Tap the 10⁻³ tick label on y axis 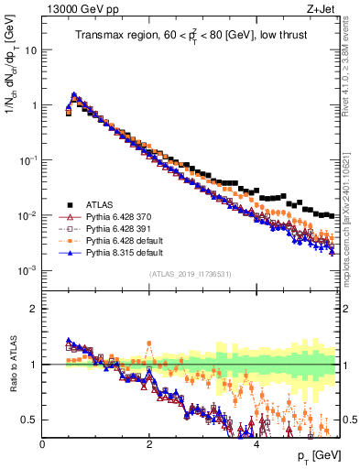pyautogui.click(x=27, y=270)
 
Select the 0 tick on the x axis pyautogui.click(x=42, y=444)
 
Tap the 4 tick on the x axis pyautogui.click(x=256, y=444)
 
